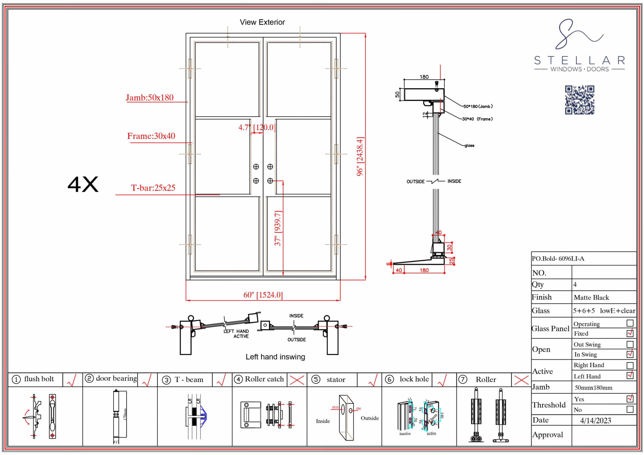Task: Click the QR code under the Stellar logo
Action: click(x=580, y=100)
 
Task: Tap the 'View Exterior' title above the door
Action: click(x=262, y=22)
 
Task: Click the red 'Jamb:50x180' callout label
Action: click(x=149, y=98)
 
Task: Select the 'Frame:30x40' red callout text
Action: click(x=151, y=136)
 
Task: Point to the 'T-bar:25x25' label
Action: click(x=153, y=188)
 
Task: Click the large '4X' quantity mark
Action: click(x=83, y=185)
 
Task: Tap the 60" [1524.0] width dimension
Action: click(x=263, y=295)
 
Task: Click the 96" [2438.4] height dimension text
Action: click(x=360, y=156)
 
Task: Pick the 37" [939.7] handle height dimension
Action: click(x=278, y=228)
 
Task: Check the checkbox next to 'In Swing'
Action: click(x=630, y=354)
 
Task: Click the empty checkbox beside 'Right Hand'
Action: click(x=630, y=365)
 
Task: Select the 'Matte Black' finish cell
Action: click(x=591, y=297)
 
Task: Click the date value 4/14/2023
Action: click(x=595, y=421)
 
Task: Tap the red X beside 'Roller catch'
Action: click(x=297, y=380)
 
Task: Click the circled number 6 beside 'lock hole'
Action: click(x=389, y=380)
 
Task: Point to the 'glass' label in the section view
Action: click(x=469, y=146)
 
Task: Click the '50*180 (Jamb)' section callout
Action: click(x=478, y=107)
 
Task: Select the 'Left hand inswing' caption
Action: click(x=275, y=357)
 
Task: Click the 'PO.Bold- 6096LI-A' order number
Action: click(x=558, y=259)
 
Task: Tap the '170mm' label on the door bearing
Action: click(x=125, y=414)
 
